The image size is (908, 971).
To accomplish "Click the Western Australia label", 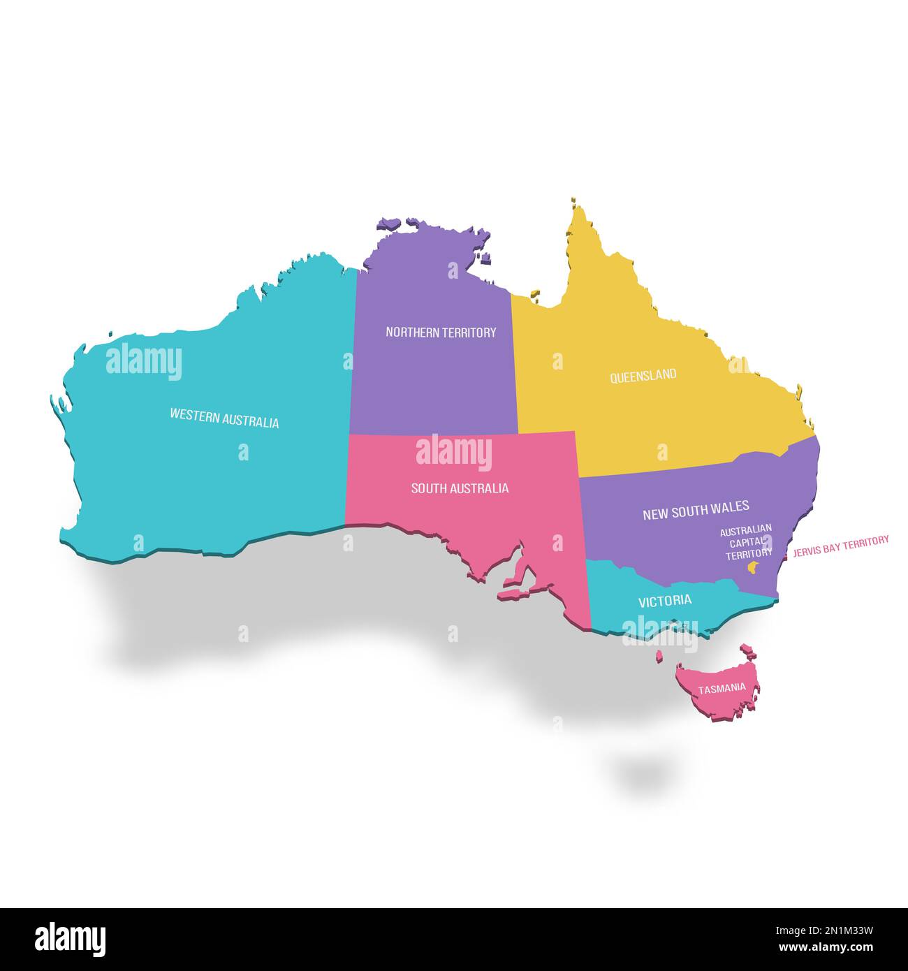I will pyautogui.click(x=224, y=418).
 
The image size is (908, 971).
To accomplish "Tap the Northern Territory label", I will pyautogui.click(x=441, y=333).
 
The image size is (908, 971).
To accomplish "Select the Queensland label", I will pyautogui.click(x=643, y=375).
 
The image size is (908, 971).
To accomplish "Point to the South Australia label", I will pyautogui.click(x=460, y=488).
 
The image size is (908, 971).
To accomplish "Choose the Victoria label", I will pyautogui.click(x=665, y=600).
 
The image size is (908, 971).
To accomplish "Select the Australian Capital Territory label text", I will pyautogui.click(x=746, y=541).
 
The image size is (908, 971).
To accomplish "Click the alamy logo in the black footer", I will pyautogui.click(x=70, y=940).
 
